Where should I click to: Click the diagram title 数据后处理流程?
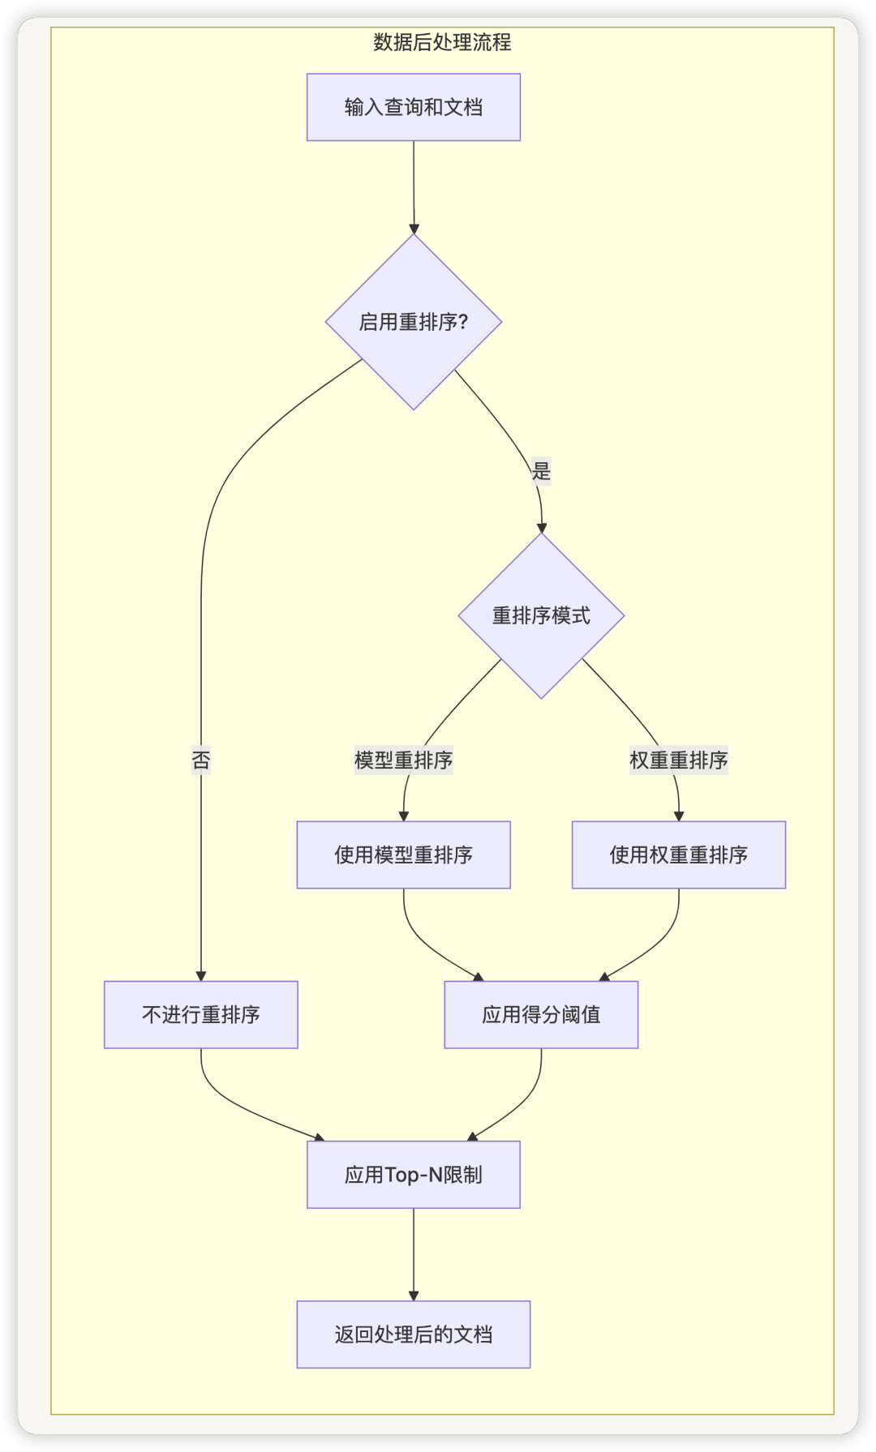point(442,42)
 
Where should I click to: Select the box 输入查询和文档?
point(414,107)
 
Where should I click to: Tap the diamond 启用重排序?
point(414,322)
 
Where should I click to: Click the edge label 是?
point(541,471)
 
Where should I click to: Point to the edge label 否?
point(201,760)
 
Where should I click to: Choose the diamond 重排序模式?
point(541,616)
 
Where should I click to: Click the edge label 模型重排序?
point(403,760)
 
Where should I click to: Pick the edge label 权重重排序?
point(679,760)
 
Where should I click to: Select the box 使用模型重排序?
point(403,854)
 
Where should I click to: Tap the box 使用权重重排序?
point(679,854)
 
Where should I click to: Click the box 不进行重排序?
point(201,1015)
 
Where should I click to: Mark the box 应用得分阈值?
point(541,1015)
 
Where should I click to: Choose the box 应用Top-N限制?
point(414,1175)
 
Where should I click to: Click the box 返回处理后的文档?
point(414,1334)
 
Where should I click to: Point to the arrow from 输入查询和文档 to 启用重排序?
point(414,186)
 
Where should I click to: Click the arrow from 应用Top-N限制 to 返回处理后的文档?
point(414,1254)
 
